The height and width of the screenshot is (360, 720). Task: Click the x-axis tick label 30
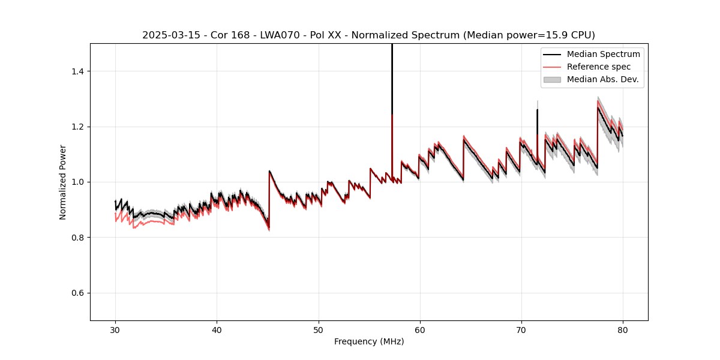(115, 330)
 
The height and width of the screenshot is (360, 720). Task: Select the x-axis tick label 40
(217, 330)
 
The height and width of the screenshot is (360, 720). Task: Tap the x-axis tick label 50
(318, 330)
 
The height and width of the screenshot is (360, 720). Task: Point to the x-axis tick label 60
(419, 330)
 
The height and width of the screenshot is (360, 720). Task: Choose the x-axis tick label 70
(521, 330)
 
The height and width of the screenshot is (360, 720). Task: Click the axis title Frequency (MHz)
(369, 341)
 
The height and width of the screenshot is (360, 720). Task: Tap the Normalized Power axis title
(63, 182)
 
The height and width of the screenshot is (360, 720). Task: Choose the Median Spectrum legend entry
(603, 54)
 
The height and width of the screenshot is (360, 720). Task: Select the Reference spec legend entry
(599, 67)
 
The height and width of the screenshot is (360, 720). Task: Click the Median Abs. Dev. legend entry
(602, 79)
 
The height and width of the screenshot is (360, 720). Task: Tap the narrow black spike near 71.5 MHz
(537, 120)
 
